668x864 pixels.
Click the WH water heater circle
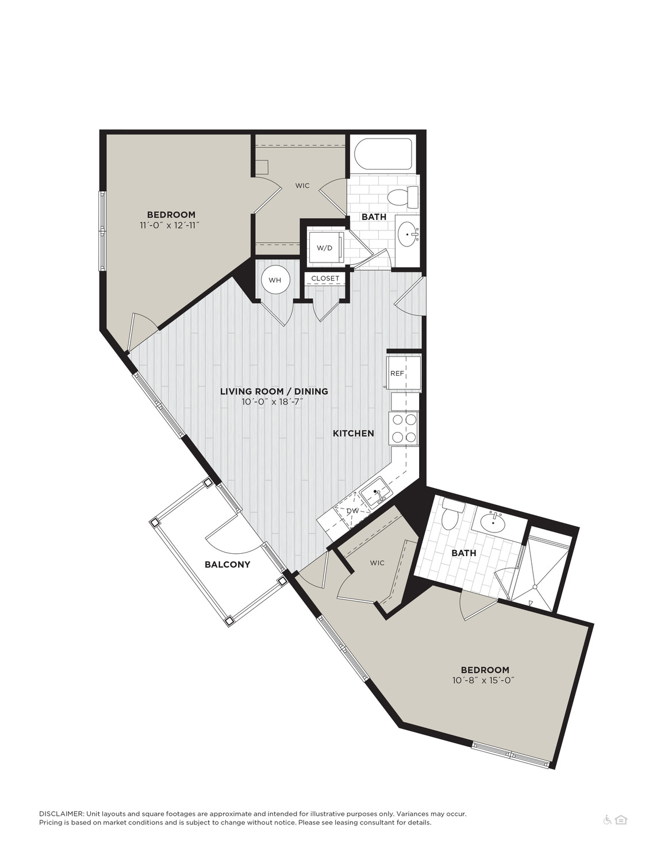275,280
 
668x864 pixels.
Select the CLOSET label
325,278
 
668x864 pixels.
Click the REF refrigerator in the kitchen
404,374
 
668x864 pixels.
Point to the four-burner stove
404,428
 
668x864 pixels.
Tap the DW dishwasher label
352,511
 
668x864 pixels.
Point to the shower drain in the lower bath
536,587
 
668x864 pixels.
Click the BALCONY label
227,564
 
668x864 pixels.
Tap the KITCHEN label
354,433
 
